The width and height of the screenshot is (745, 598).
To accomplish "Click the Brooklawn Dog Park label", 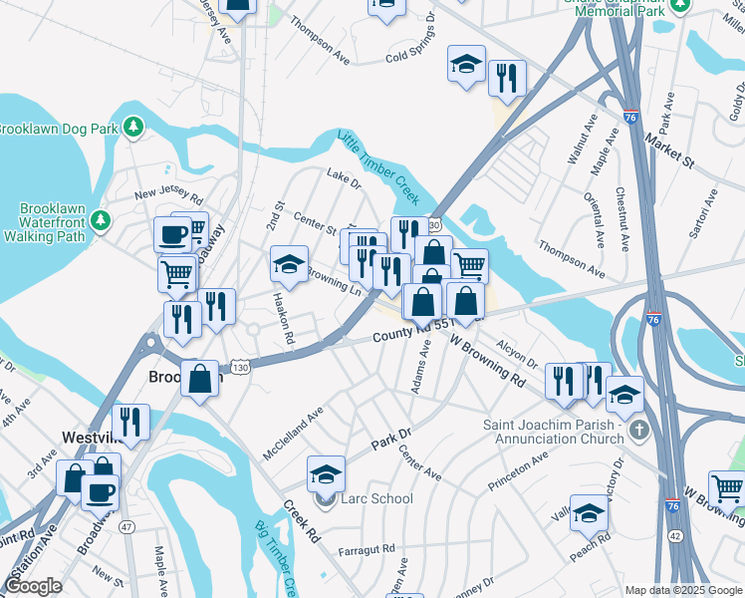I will (58, 129).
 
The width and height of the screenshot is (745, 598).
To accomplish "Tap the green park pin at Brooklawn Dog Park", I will (133, 128).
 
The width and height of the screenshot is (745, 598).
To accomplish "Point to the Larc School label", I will (376, 498).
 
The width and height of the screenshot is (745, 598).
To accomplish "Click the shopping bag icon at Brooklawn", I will (200, 378).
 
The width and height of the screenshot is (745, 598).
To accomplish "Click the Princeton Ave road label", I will (518, 470).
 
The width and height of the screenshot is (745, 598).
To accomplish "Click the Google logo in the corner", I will (33, 585).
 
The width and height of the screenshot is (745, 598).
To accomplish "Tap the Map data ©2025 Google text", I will (683, 590).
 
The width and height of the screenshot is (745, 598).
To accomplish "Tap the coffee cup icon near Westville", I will (99, 492).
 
